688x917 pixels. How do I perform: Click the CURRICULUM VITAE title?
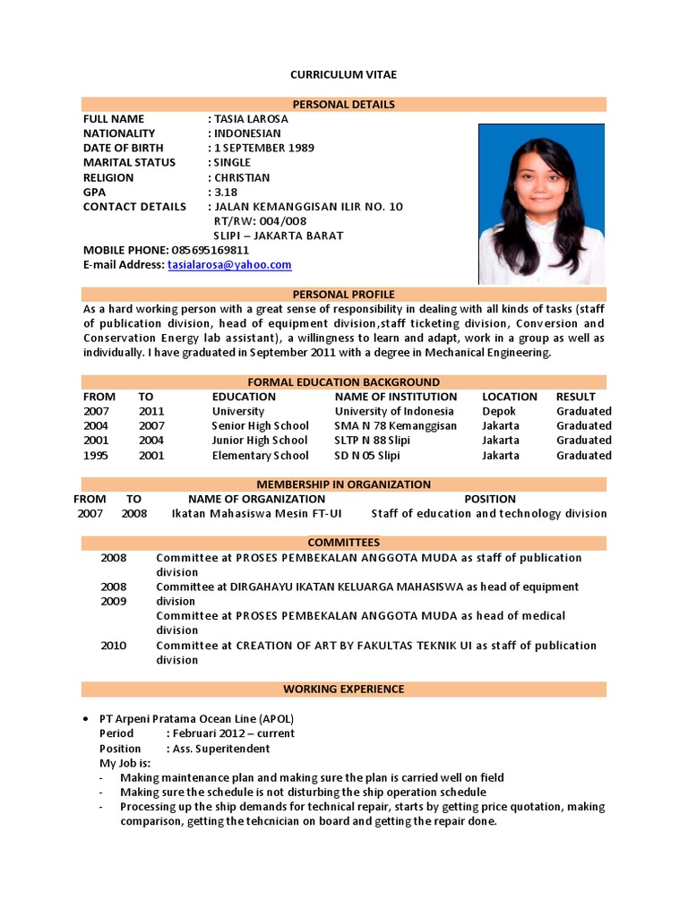point(344,74)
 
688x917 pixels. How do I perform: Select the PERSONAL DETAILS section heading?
point(344,104)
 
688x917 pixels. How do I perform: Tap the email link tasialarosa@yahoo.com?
point(229,265)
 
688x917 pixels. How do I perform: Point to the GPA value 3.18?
point(226,192)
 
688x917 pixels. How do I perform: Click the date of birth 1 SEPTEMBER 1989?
point(263,148)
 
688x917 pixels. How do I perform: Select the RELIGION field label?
point(108,177)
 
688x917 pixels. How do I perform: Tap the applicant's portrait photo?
point(541,203)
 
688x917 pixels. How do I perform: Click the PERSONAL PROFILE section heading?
point(344,294)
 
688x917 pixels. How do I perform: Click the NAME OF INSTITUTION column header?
point(395,397)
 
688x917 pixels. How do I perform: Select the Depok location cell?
point(498,411)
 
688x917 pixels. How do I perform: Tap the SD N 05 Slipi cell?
point(367,455)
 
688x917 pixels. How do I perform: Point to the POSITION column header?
point(490,499)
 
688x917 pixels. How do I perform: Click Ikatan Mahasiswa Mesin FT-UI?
point(255,514)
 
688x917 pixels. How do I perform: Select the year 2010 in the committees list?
point(114,646)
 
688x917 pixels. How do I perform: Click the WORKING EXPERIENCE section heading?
point(344,689)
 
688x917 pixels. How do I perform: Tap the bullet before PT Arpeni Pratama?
point(84,719)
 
